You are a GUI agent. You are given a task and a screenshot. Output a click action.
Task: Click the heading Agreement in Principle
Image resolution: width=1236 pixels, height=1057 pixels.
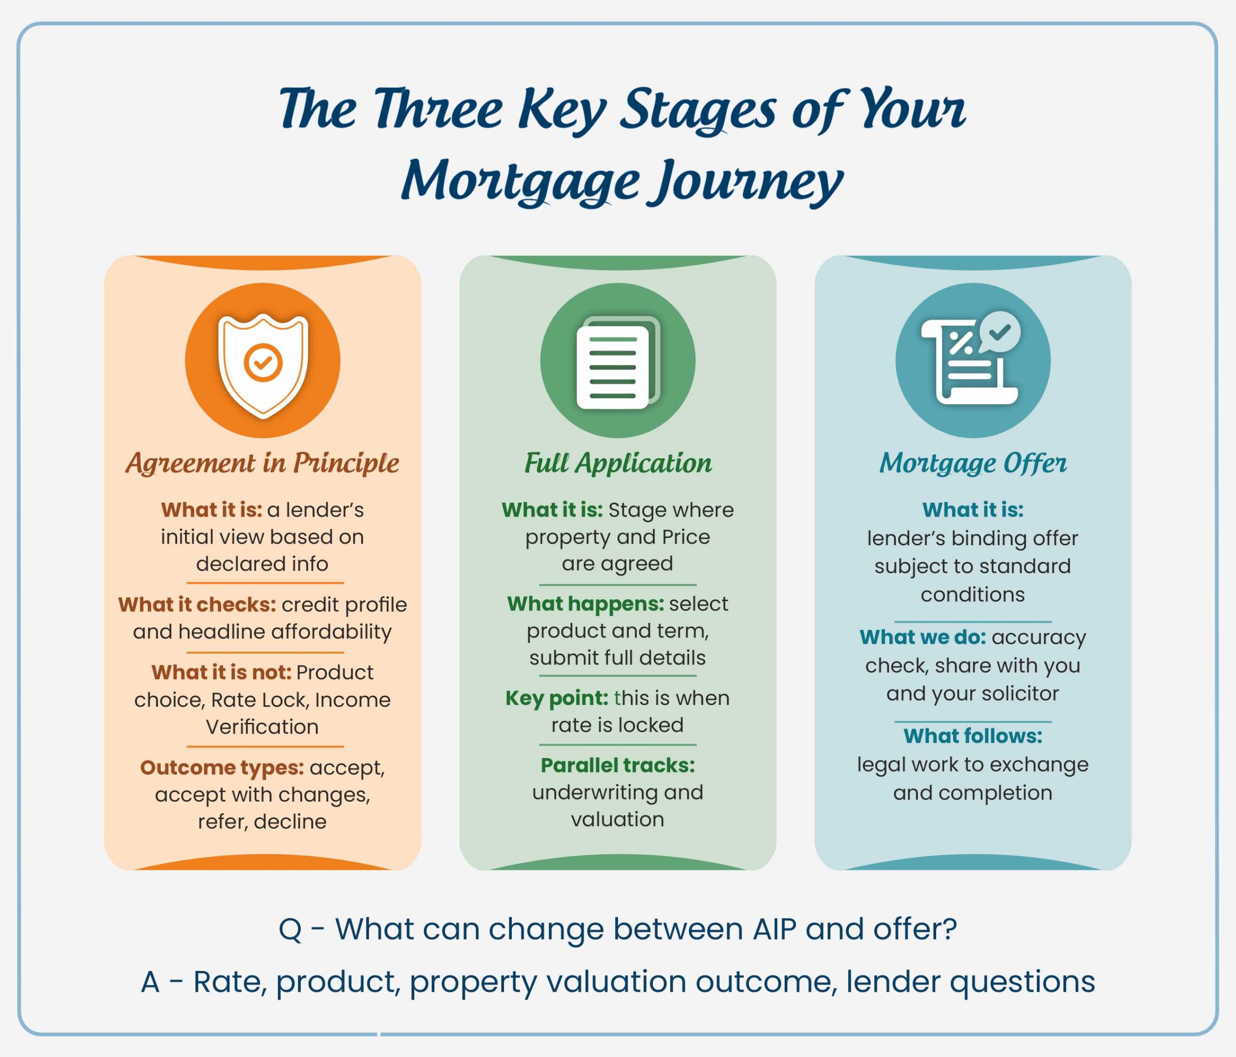click(263, 464)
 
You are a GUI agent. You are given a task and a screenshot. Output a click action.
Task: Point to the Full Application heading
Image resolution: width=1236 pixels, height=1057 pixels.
click(618, 464)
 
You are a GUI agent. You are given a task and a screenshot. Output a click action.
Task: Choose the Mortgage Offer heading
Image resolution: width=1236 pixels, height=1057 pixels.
click(973, 464)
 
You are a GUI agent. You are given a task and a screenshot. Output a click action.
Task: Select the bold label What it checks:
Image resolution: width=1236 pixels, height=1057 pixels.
click(197, 605)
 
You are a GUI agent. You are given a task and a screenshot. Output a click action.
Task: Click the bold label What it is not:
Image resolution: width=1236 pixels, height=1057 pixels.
click(221, 672)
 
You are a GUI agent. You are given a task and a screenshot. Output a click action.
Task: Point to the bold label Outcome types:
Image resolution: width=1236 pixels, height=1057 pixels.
click(222, 768)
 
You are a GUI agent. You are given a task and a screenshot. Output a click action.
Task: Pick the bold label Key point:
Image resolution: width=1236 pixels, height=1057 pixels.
click(557, 699)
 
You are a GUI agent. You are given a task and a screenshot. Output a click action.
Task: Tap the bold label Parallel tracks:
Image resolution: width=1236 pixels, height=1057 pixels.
click(618, 765)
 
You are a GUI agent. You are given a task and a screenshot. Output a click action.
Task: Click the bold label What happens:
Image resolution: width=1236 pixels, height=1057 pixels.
click(585, 604)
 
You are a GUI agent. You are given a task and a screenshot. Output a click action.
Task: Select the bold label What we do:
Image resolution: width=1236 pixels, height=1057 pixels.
click(922, 638)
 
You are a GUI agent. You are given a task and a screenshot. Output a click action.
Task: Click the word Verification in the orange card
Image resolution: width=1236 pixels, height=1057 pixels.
click(263, 727)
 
